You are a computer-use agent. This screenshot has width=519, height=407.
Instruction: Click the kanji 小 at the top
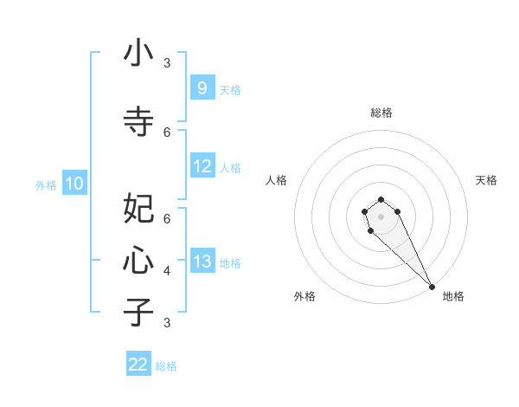(x=138, y=54)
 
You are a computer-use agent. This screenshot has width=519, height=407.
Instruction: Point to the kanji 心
(x=138, y=260)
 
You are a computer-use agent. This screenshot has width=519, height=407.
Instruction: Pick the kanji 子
(x=138, y=312)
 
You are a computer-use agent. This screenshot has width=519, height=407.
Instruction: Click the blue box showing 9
(x=202, y=87)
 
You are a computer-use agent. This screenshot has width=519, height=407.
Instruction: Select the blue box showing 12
(x=202, y=166)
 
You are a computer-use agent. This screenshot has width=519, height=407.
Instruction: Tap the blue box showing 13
(x=202, y=262)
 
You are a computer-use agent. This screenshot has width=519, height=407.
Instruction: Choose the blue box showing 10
(x=74, y=183)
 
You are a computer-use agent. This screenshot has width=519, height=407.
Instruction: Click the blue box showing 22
(x=138, y=365)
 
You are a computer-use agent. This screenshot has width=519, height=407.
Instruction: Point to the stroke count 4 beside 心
(x=167, y=271)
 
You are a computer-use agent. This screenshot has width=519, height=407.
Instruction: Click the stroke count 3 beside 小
(x=167, y=63)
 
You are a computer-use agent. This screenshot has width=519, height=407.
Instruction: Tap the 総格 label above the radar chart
(x=381, y=113)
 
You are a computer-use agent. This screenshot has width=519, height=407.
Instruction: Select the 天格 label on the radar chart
(x=486, y=180)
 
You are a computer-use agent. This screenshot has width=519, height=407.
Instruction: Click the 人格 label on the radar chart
(x=276, y=180)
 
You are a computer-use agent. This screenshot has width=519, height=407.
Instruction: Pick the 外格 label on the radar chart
(x=304, y=296)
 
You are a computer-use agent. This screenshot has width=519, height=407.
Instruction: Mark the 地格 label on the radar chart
(x=453, y=296)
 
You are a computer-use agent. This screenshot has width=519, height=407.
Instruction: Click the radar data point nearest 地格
(x=432, y=287)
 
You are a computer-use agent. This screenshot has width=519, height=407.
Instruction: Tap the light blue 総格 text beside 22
(x=167, y=366)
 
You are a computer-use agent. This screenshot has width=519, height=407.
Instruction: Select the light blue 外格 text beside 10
(x=45, y=184)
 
